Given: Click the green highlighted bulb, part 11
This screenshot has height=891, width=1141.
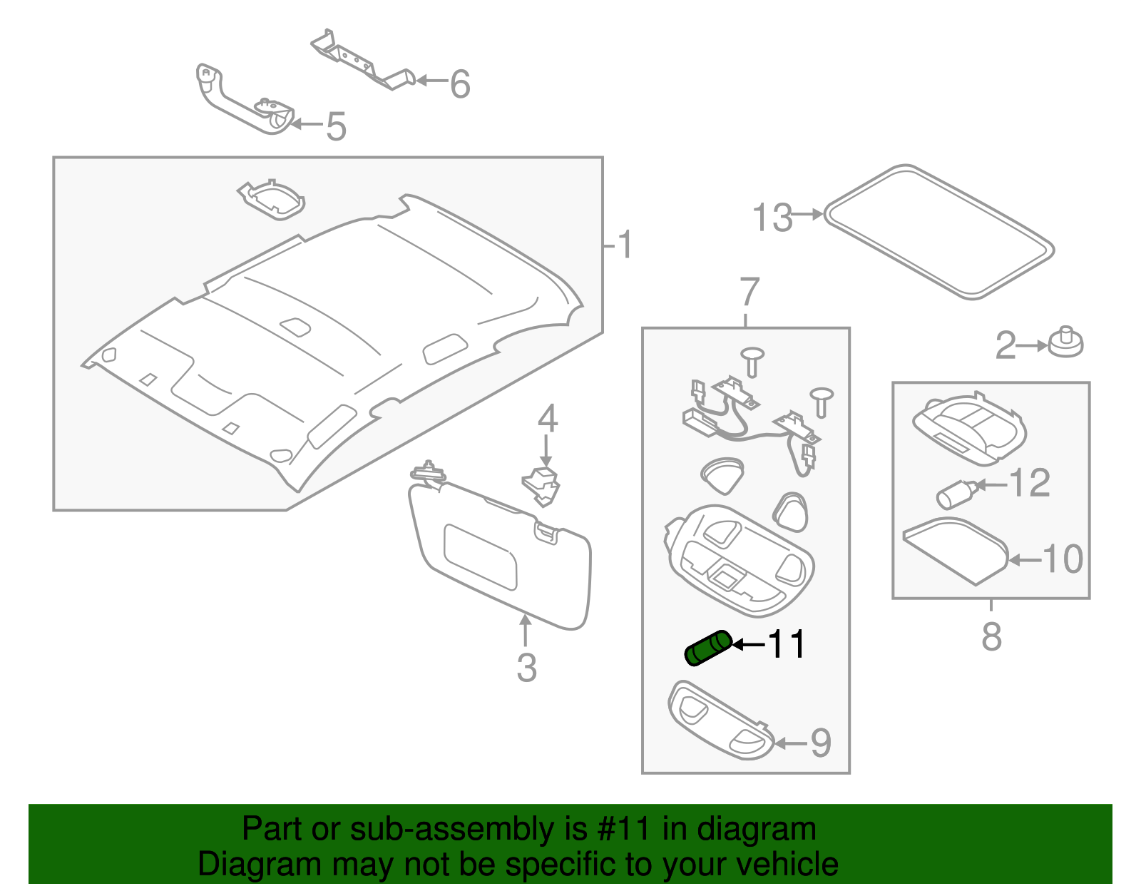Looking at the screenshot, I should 707,648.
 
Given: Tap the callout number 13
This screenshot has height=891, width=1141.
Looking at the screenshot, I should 772,218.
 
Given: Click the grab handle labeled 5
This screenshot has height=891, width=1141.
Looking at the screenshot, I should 242,103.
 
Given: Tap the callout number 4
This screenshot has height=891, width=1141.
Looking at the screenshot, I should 547,419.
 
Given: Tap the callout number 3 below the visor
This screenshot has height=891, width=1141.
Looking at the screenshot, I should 526,668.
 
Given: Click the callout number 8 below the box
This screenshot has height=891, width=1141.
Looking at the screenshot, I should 991,636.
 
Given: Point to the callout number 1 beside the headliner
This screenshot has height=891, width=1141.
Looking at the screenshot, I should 625,245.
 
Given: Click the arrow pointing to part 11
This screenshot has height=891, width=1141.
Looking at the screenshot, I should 748,645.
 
